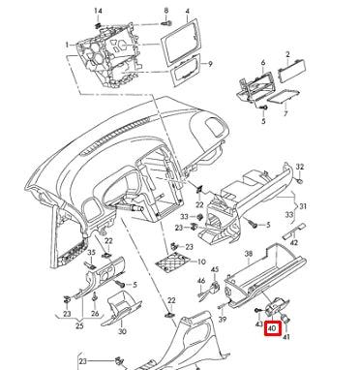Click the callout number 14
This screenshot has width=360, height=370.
[98, 11]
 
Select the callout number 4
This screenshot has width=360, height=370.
[187, 11]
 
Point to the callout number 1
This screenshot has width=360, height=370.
[67, 45]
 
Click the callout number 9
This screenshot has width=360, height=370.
[210, 64]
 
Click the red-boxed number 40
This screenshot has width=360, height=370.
[273, 329]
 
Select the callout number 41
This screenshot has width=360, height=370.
[286, 337]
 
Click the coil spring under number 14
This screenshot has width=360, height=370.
[98, 23]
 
